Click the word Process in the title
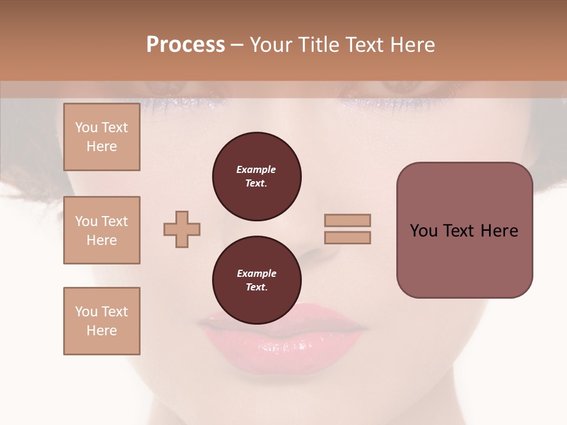click(185, 45)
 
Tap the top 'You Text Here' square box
click(102, 137)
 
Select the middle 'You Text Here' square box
click(102, 230)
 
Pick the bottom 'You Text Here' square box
click(102, 321)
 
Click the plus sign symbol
click(182, 230)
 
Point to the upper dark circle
click(257, 176)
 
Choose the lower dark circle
click(257, 280)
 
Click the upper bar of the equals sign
click(348, 221)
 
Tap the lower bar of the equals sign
click(348, 237)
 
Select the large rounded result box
click(464, 230)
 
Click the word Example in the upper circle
click(256, 169)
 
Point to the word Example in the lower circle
click(256, 273)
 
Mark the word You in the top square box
click(86, 127)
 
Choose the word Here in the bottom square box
click(102, 331)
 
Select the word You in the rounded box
click(423, 231)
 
